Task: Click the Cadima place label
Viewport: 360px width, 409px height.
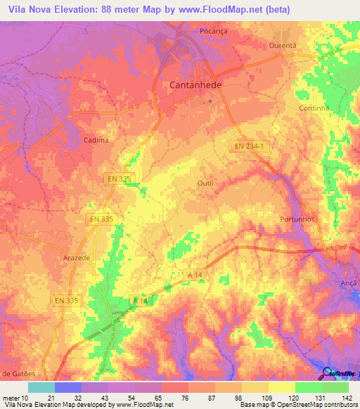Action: (96, 140)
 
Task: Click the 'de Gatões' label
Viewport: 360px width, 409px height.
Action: (19, 372)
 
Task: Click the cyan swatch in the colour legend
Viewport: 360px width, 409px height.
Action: (41, 387)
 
